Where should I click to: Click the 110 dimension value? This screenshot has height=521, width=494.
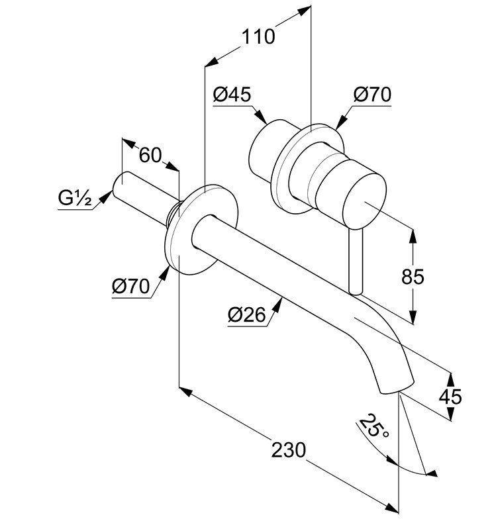[x=258, y=36]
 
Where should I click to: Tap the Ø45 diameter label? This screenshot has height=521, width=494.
[x=232, y=95]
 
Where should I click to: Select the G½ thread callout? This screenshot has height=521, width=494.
[x=74, y=199]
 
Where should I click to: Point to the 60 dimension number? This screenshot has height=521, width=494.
[x=150, y=155]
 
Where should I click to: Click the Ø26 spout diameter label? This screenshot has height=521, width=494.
[x=247, y=314]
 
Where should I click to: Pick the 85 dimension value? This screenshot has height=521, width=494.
[x=413, y=277]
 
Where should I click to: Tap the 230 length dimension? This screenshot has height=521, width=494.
[x=288, y=450]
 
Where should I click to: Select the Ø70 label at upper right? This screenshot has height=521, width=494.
[x=372, y=95]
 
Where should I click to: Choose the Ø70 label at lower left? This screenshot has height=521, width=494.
[x=130, y=286]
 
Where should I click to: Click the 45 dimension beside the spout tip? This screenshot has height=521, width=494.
[x=450, y=397]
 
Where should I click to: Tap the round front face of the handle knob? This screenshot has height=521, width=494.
[x=364, y=201]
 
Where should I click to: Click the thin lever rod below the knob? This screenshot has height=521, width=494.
[x=356, y=261]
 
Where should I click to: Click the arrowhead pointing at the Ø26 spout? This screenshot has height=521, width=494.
[x=278, y=305]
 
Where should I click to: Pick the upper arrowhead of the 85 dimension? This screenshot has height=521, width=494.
[x=413, y=236]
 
